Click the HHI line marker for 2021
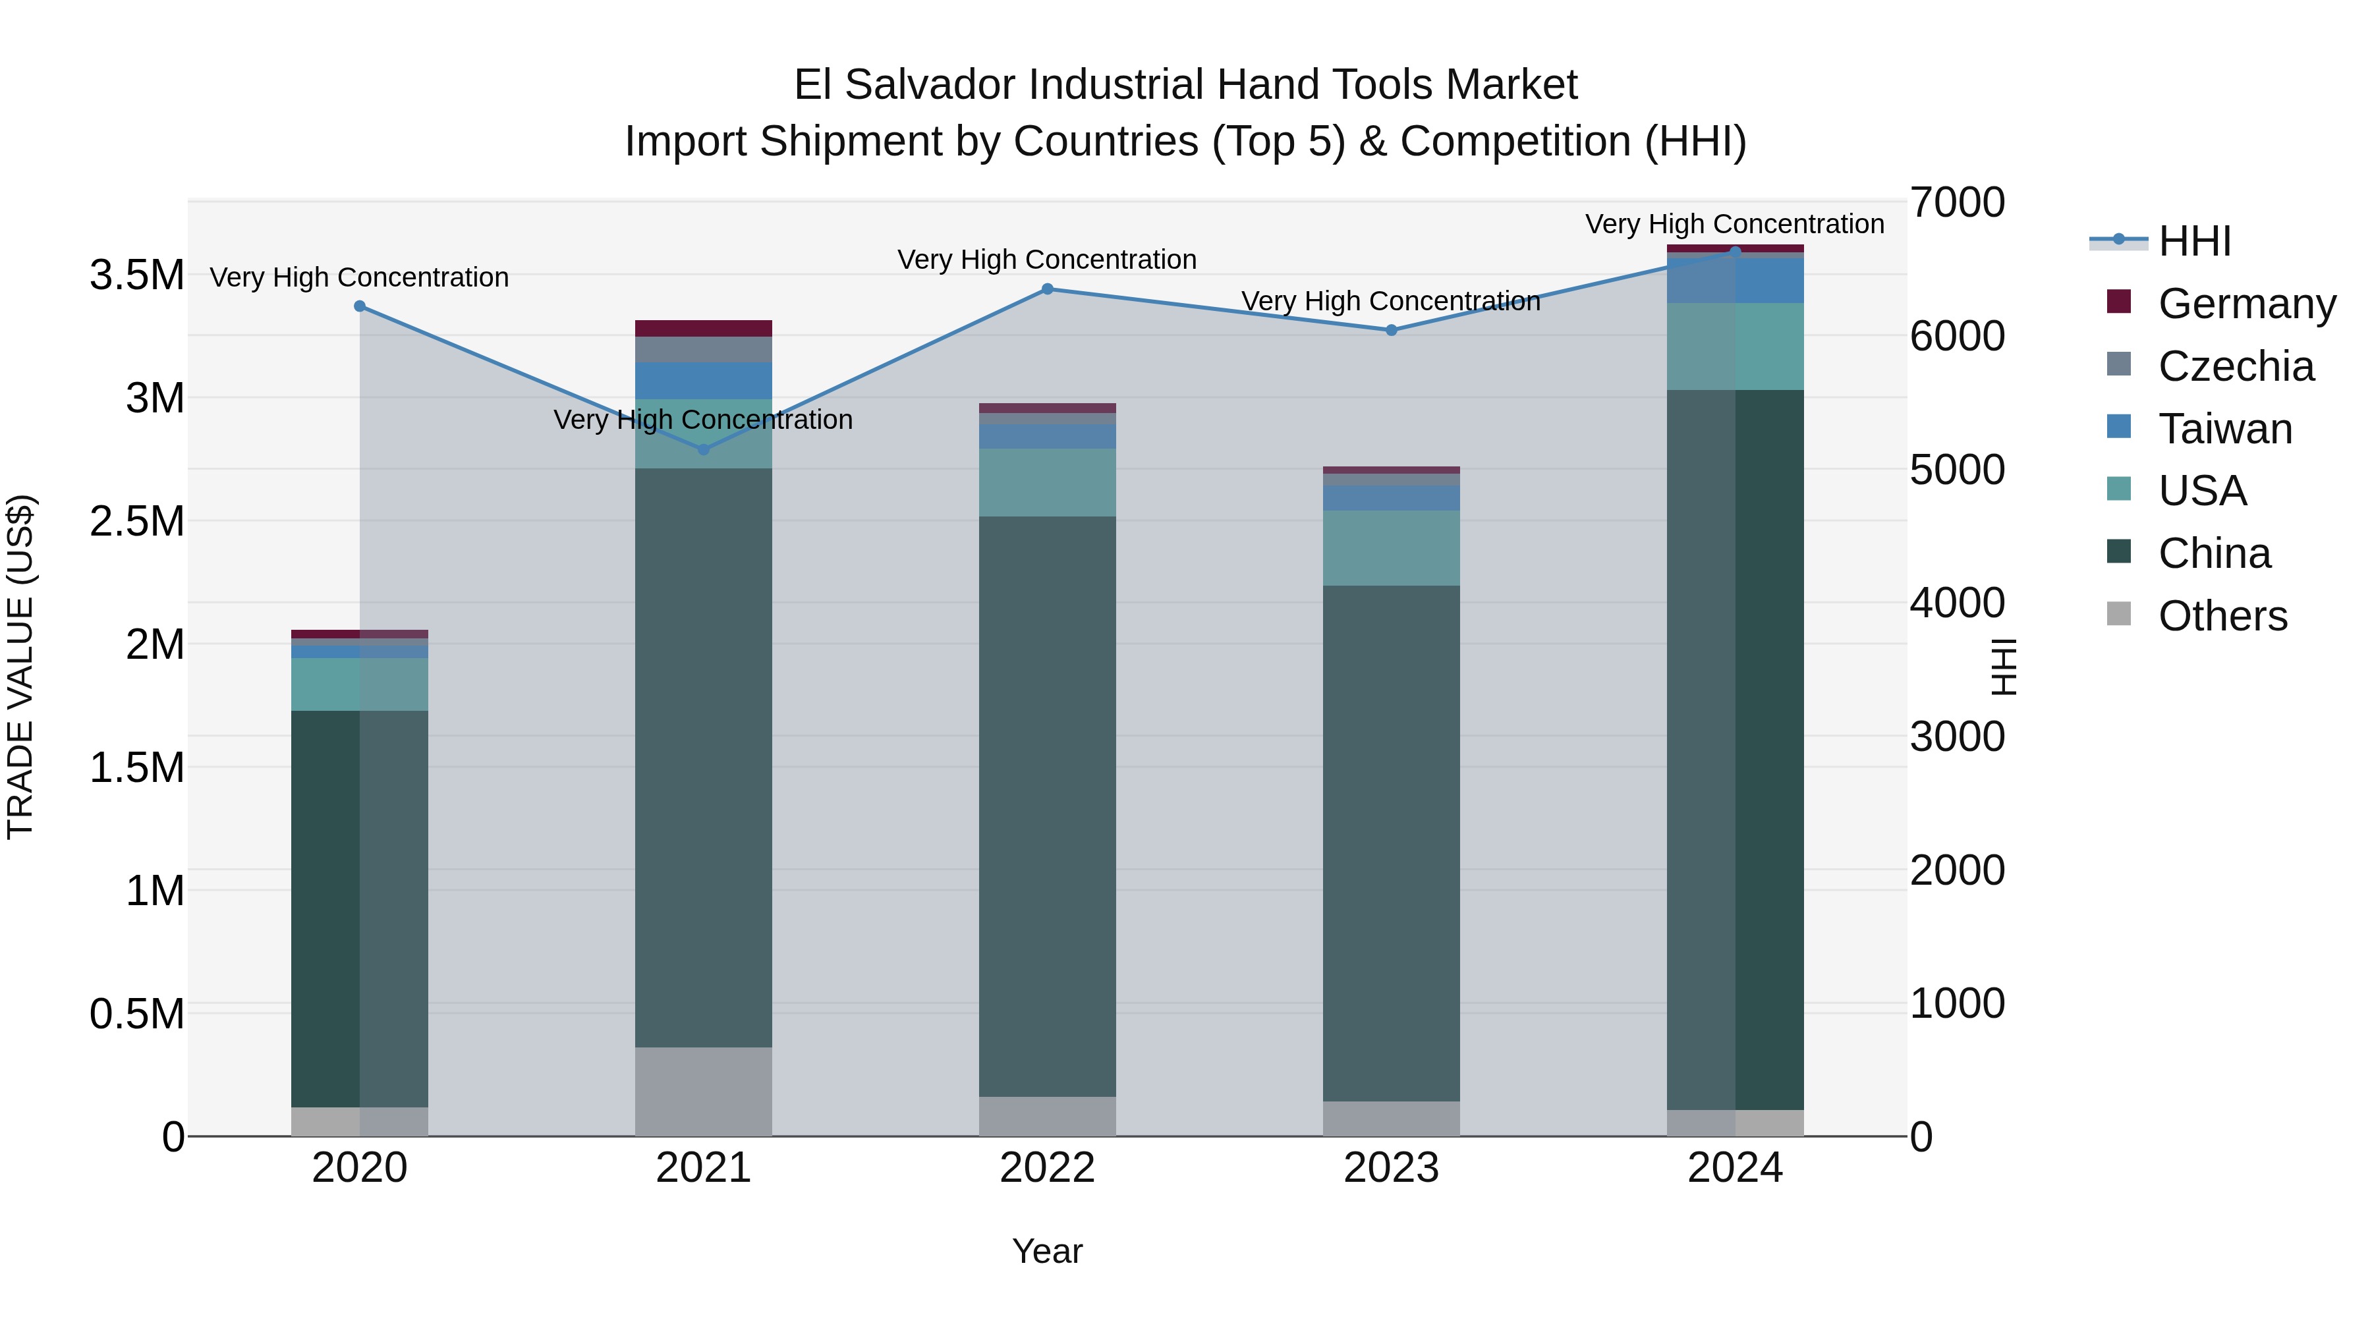[x=704, y=449]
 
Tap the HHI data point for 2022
[x=1047, y=289]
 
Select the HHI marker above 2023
[x=1392, y=329]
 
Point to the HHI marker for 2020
[x=360, y=306]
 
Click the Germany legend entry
[x=2246, y=304]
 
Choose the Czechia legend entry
[x=2235, y=366]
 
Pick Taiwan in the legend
[x=2224, y=429]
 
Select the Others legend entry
[x=2222, y=616]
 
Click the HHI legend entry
[x=2193, y=241]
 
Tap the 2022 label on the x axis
[x=1047, y=1168]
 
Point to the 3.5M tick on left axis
[x=137, y=275]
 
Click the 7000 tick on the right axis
[x=1957, y=202]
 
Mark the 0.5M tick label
[x=137, y=1014]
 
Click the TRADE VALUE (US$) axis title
[x=20, y=667]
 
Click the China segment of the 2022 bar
[x=1047, y=806]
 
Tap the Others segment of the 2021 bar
[x=704, y=1091]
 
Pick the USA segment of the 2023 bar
[x=1392, y=548]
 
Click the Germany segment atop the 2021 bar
[x=704, y=329]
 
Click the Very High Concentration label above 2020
[x=359, y=277]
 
